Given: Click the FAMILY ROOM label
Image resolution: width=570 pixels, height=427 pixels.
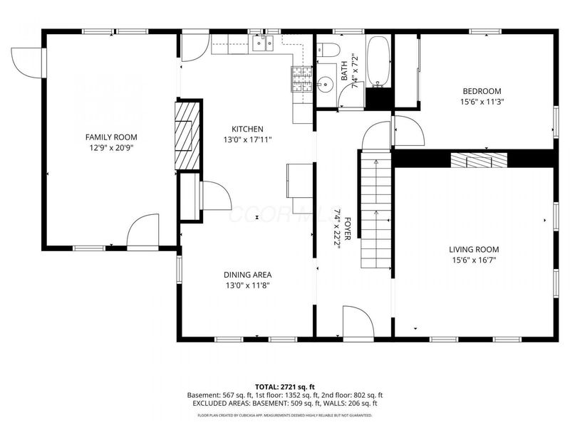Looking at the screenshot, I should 111,137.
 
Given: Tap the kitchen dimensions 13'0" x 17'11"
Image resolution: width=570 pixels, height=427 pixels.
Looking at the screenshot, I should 247,140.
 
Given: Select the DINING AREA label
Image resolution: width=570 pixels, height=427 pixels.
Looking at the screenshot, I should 247,274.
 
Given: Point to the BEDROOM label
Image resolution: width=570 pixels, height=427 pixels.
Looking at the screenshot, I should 482,90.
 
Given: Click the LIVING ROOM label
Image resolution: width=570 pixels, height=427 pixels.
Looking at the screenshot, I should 473,249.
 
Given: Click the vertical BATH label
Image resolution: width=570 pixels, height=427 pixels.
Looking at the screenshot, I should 344,70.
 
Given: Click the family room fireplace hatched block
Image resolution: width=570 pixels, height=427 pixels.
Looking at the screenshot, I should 187,136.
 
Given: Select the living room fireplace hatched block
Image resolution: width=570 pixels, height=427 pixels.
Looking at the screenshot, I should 477,161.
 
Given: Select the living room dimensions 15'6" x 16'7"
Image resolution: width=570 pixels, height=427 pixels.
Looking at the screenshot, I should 473,260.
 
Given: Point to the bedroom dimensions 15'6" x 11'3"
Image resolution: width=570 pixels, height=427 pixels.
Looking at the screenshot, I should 482,102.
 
